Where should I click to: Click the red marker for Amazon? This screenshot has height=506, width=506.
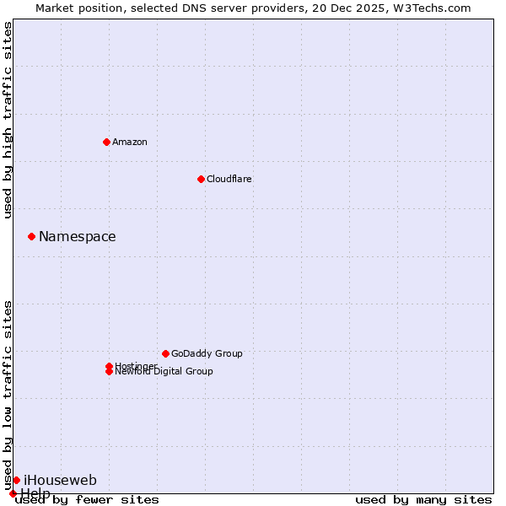(106, 142)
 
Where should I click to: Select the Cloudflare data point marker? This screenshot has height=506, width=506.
(201, 179)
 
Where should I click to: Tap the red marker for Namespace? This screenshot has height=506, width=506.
(31, 236)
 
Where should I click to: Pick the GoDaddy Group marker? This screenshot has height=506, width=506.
(165, 353)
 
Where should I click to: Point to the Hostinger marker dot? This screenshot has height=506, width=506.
(109, 366)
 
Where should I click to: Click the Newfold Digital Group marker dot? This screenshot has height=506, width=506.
(109, 372)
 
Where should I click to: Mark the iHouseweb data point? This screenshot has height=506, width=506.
(16, 480)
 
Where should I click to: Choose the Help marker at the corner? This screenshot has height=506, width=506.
(13, 493)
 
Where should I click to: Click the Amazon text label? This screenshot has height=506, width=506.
(130, 142)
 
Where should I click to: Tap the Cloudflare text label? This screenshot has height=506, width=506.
(229, 179)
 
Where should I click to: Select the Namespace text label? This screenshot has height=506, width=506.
(78, 236)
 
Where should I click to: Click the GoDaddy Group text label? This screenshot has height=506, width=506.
(207, 353)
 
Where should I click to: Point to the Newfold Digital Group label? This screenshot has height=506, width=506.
(164, 372)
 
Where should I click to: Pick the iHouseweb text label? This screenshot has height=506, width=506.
(60, 480)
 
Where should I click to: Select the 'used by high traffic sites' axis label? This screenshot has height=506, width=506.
(8, 120)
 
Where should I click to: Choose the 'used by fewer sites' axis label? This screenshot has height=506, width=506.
(88, 500)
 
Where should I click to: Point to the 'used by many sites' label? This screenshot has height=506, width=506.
(423, 500)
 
